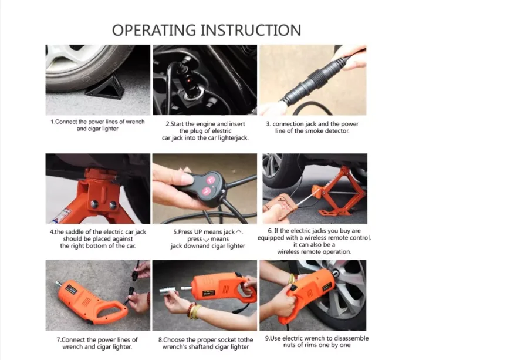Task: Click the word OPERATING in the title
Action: [154, 31]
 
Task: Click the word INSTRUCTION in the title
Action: [251, 31]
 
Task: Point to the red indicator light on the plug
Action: [189, 79]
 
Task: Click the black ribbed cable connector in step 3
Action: [310, 80]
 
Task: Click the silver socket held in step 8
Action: [168, 291]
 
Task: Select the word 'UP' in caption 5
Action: [198, 232]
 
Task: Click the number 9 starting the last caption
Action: [267, 338]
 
